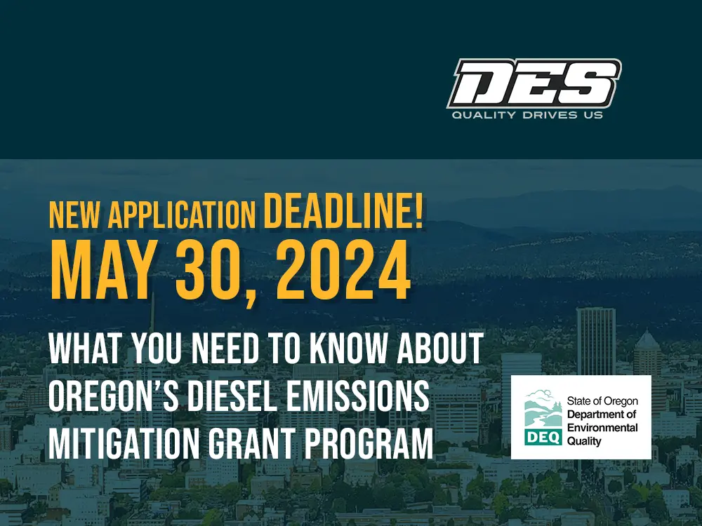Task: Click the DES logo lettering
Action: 534,83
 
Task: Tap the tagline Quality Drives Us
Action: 527,116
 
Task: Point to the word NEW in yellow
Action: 74,215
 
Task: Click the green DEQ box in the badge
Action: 543,438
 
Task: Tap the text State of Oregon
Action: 602,401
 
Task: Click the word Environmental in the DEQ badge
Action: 602,428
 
